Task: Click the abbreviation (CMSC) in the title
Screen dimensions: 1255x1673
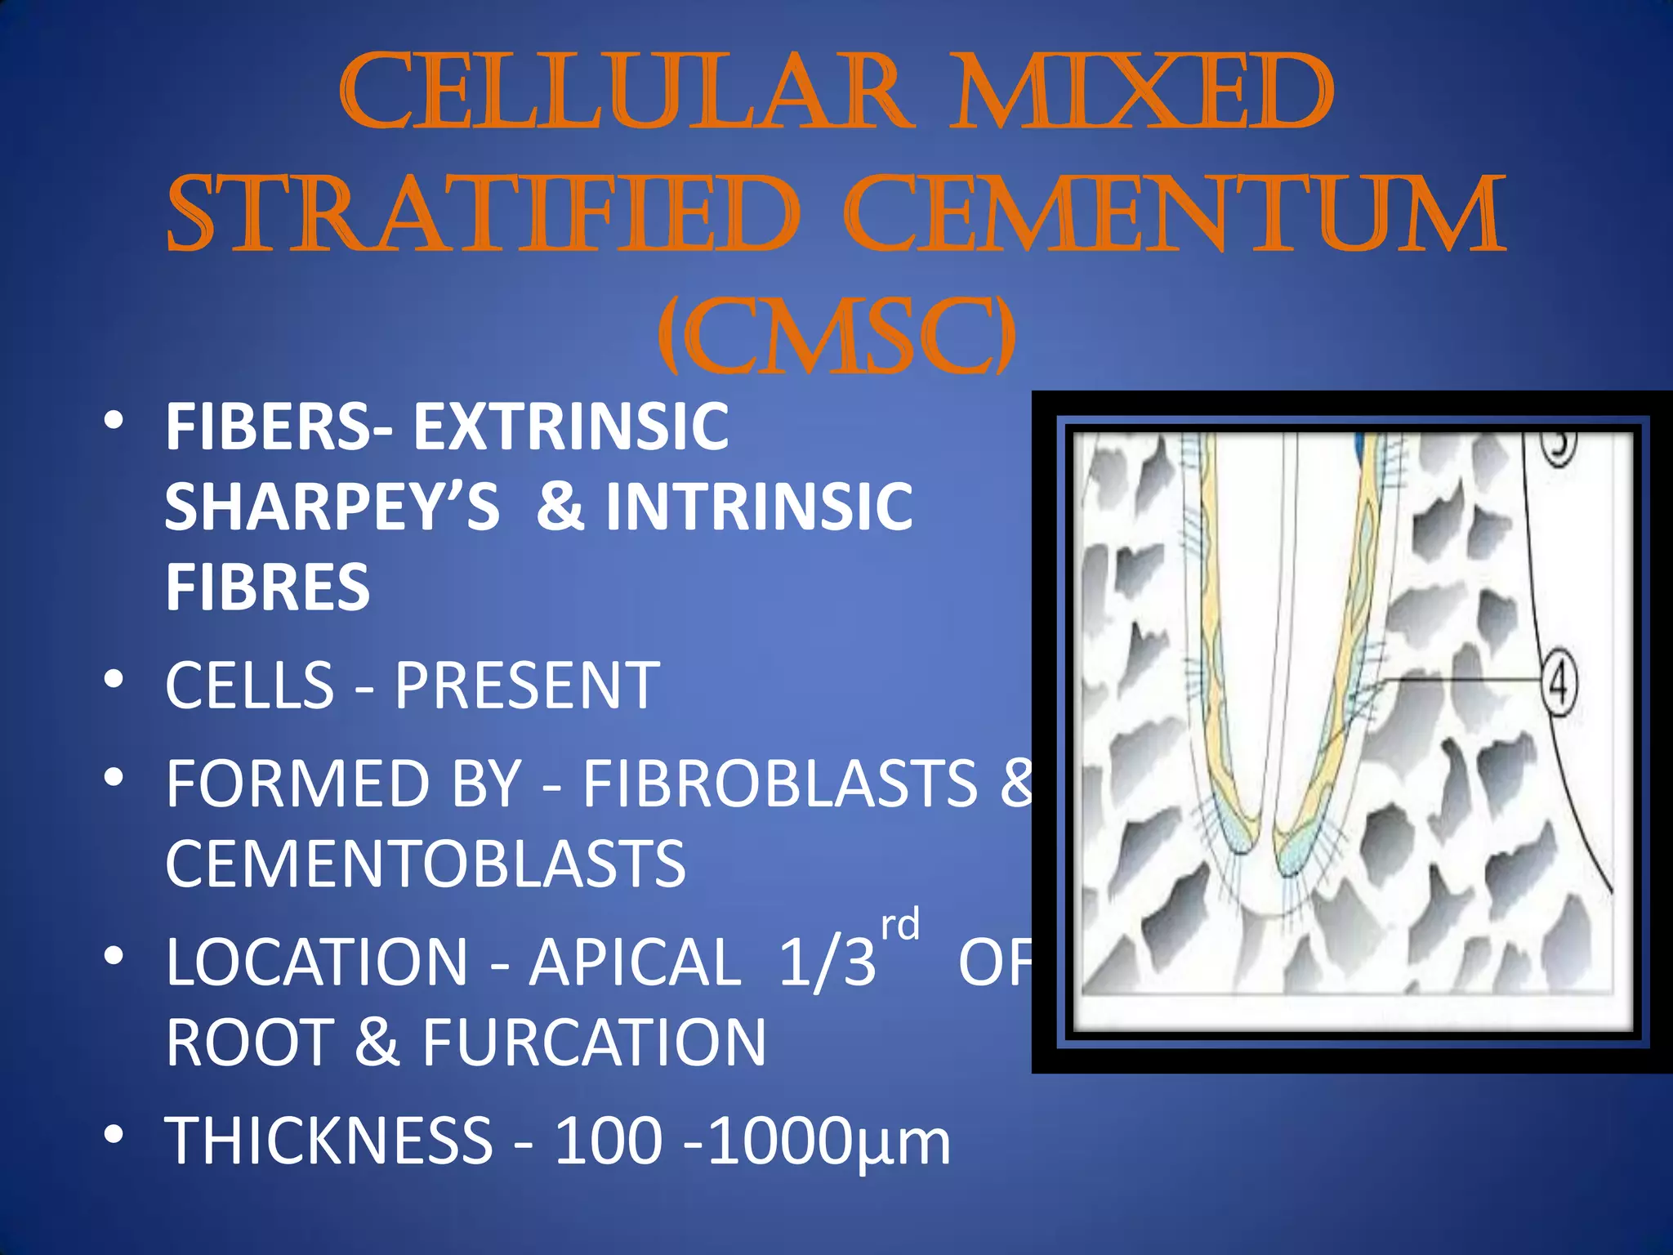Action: [837, 335]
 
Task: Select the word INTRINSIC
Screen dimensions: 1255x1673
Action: [759, 507]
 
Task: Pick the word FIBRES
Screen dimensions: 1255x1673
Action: [268, 587]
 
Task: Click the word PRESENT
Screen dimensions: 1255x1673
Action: [527, 685]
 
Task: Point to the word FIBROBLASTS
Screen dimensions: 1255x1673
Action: [780, 784]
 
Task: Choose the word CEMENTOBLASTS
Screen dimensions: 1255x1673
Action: [426, 864]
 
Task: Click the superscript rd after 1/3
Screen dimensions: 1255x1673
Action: [900, 925]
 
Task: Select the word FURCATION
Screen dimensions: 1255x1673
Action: [594, 1043]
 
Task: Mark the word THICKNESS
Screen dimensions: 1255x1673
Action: [329, 1141]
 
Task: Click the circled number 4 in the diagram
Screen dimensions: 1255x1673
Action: [1559, 683]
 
